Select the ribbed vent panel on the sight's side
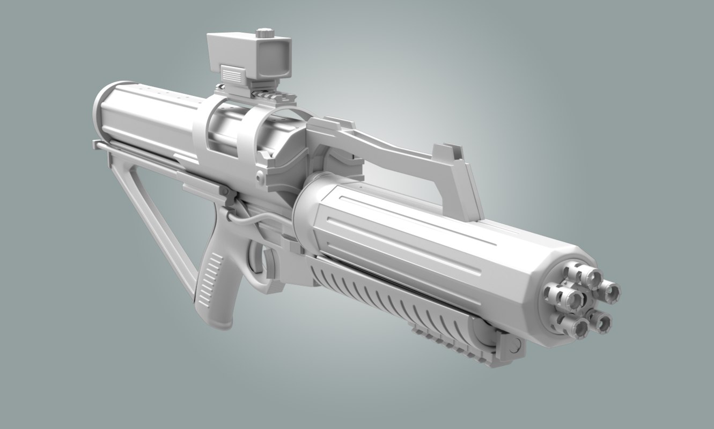(x=232, y=72)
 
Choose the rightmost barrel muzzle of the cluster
(x=610, y=292)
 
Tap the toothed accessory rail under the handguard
(x=451, y=343)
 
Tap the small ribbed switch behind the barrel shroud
(x=292, y=244)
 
